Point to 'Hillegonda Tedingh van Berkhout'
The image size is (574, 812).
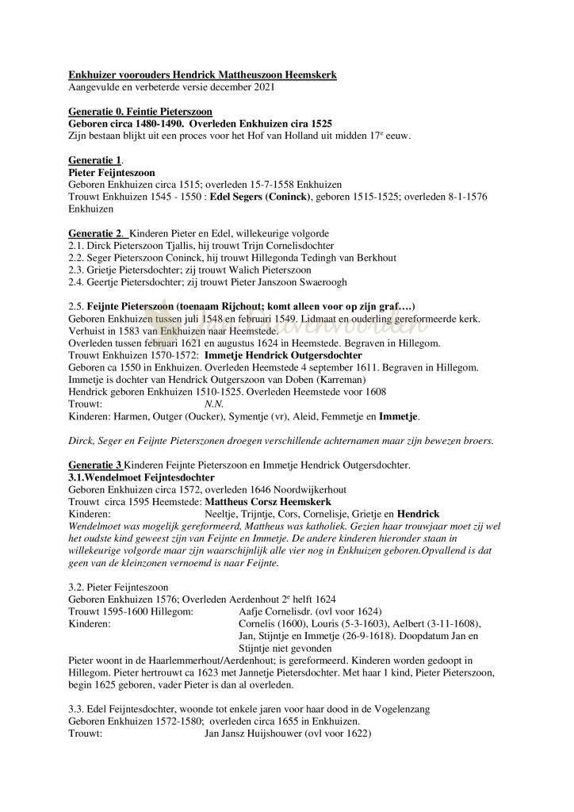[x=320, y=258]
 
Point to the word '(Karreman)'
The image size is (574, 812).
[x=306, y=380]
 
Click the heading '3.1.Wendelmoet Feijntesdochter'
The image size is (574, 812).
[x=141, y=477]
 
